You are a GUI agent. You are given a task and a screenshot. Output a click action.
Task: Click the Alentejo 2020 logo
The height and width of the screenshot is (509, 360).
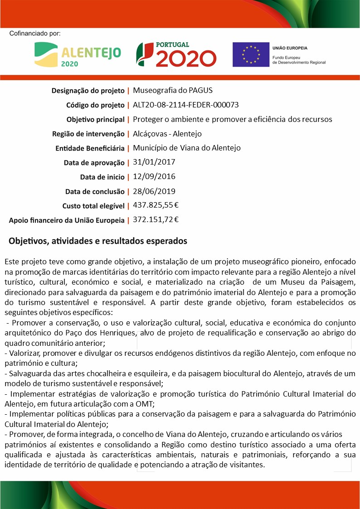(x=78, y=54)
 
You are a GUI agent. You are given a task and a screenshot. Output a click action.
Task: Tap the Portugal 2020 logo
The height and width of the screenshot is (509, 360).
(x=176, y=54)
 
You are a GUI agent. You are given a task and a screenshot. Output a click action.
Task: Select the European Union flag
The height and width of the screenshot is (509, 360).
(x=251, y=54)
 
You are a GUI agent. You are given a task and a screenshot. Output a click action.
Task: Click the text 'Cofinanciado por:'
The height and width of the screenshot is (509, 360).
(x=34, y=34)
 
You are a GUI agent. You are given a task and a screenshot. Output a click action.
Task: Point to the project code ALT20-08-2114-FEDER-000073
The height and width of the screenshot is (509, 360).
(x=186, y=105)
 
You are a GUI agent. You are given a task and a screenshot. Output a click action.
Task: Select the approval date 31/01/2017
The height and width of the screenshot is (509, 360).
(x=154, y=162)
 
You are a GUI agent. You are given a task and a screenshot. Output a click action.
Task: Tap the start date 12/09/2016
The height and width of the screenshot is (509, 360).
(x=154, y=176)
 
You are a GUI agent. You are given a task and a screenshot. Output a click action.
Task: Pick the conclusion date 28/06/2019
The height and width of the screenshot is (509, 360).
(x=154, y=191)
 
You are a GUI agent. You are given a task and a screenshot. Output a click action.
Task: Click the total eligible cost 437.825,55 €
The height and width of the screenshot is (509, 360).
(x=156, y=205)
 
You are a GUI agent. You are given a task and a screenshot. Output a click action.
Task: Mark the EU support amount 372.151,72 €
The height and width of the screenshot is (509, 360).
(x=156, y=220)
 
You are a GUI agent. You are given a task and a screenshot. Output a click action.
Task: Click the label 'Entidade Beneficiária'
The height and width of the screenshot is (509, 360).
(x=90, y=148)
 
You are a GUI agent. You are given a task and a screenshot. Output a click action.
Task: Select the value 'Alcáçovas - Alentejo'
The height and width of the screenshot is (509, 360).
(x=167, y=134)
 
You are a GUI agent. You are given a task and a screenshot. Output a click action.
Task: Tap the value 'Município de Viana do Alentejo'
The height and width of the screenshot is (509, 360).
(x=187, y=148)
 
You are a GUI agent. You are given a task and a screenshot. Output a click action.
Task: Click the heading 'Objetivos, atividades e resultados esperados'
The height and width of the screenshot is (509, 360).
(x=98, y=241)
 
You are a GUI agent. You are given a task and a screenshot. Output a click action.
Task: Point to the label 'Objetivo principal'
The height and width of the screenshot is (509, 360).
(x=95, y=120)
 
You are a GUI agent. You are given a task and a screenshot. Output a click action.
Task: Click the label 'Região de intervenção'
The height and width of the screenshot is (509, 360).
(x=88, y=134)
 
